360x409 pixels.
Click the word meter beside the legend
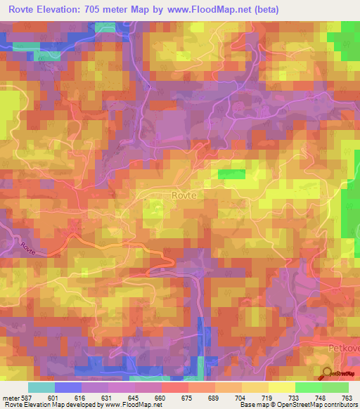tap(11, 398)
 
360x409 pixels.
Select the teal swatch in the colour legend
tap(41, 387)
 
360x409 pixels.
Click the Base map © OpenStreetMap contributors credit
tap(299, 405)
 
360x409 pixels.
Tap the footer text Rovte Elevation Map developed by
tap(49, 405)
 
